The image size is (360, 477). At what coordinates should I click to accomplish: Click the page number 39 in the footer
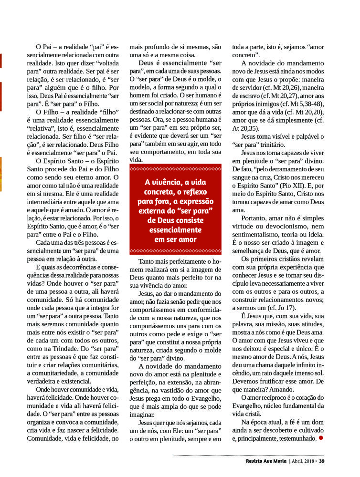point(322,461)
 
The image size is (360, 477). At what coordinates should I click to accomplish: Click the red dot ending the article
point(321,437)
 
